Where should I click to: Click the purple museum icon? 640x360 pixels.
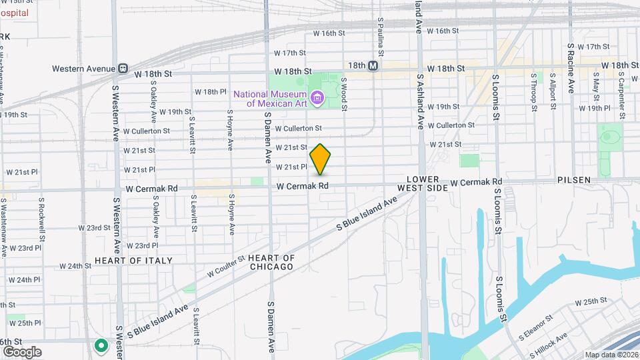point(317,99)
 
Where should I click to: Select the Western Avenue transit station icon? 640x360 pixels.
point(123,68)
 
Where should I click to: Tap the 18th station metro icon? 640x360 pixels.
point(373,65)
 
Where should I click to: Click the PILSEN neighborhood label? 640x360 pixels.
point(574,181)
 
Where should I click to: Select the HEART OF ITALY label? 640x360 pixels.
point(133,261)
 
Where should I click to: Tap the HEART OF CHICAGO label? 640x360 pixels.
point(271,262)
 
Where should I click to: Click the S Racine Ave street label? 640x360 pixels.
point(571,69)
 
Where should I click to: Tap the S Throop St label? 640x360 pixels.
point(533,89)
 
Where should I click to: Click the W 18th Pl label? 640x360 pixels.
point(211,91)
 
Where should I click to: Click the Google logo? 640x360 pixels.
point(22,352)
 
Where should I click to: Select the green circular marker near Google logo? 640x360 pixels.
point(101,345)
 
